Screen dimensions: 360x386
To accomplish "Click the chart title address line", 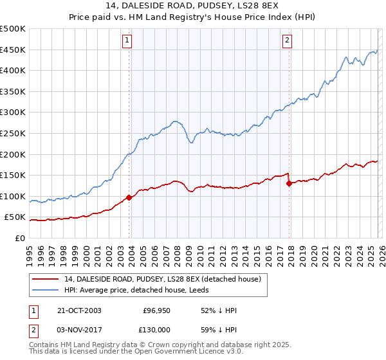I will [193, 6].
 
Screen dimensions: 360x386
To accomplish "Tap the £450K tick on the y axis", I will [13, 50].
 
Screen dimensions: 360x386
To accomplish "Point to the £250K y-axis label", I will [13, 134].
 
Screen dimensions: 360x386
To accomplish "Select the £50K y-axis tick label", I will [15, 218].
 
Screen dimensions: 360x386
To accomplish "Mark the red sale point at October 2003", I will [129, 197].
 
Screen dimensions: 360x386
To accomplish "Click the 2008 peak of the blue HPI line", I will [174, 120].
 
